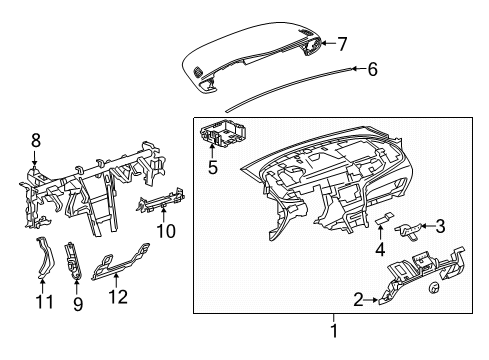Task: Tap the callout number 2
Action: click(x=358, y=297)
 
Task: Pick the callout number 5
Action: click(x=212, y=168)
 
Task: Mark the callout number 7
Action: click(x=341, y=44)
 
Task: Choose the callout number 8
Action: click(x=36, y=141)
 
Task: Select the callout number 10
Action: click(x=166, y=232)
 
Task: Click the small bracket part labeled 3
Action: click(x=410, y=230)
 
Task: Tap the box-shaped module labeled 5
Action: click(x=224, y=134)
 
